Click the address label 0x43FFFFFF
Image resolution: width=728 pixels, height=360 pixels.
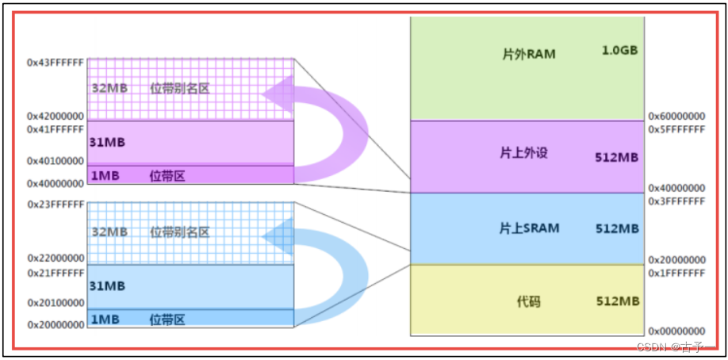56,61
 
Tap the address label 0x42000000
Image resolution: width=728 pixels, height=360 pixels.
56,116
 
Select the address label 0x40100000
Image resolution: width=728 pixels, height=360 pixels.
56,161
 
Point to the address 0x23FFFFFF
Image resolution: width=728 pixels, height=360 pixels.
56,204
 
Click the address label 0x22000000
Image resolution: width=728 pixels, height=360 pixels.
56,259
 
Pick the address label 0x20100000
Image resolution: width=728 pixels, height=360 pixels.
56,303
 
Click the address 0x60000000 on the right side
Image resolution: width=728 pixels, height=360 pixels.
676,116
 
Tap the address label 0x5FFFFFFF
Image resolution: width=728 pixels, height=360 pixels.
676,129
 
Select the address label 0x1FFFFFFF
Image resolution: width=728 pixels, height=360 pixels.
676,273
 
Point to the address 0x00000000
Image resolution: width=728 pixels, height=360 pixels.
676,331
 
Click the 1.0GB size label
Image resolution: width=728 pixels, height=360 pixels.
619,52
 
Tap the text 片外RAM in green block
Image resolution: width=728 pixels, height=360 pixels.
529,56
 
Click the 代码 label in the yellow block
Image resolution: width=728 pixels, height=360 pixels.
528,302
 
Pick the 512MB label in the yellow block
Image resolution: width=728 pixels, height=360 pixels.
617,301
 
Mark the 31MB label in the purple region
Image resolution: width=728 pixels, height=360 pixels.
108,143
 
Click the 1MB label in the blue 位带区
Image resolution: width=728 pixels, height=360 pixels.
105,319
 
